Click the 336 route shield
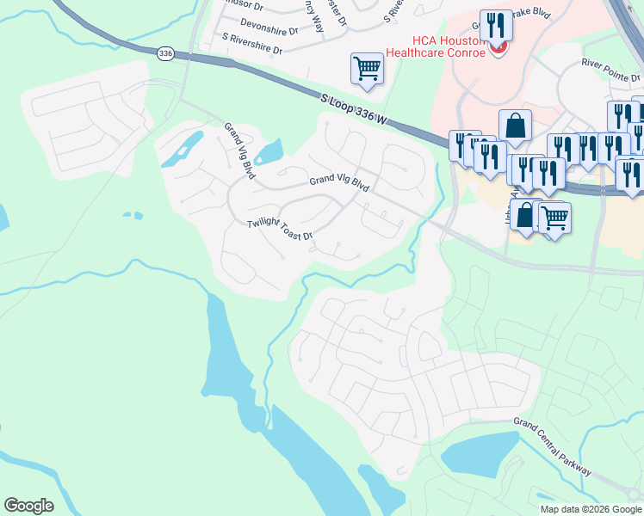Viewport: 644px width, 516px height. (x=164, y=53)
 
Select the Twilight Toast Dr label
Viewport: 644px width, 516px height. (x=280, y=230)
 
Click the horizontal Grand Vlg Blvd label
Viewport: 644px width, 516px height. (x=339, y=184)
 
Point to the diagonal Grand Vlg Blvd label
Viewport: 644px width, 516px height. (x=240, y=152)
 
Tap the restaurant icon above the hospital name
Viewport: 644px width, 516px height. (x=495, y=25)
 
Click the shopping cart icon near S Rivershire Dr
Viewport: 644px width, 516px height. (x=367, y=67)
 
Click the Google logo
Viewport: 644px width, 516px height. (x=28, y=505)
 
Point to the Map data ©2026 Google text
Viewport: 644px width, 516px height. (x=591, y=509)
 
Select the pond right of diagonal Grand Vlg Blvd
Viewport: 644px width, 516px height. (x=269, y=152)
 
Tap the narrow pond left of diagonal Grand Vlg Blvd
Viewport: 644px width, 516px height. (x=182, y=151)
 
